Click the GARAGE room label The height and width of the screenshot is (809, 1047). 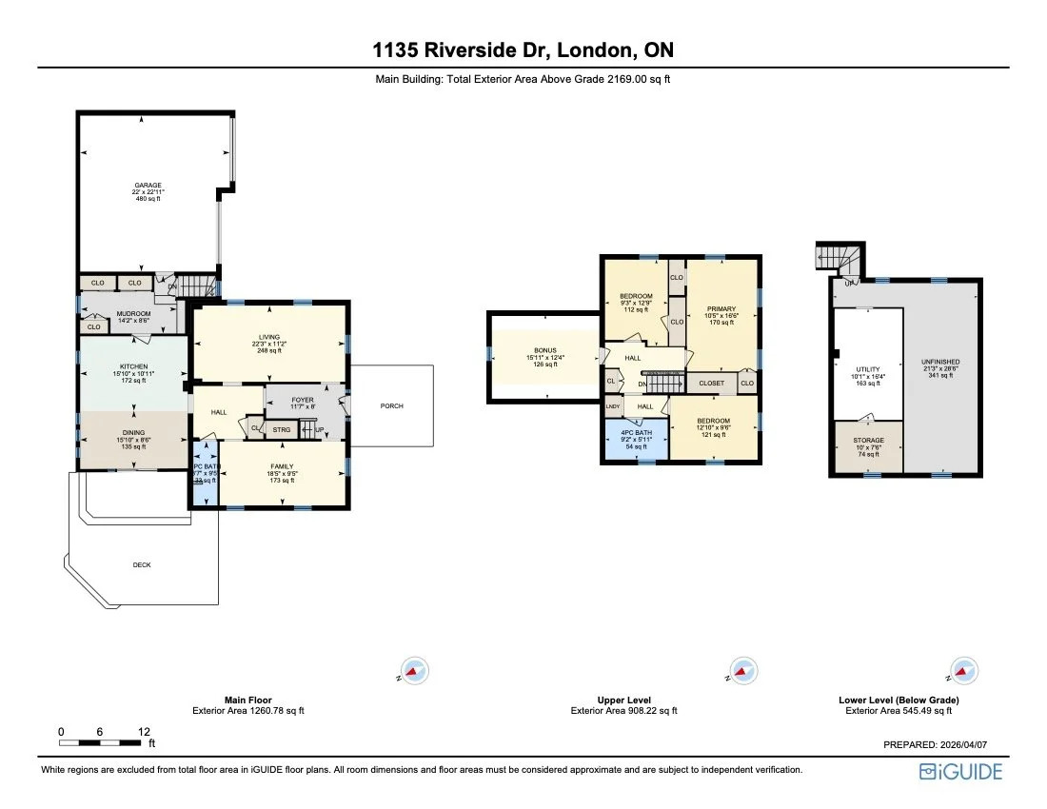[x=147, y=185]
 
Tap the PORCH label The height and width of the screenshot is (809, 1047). [x=391, y=405]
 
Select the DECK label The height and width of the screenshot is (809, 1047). [x=141, y=564]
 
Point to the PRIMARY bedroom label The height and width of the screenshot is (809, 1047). [x=721, y=308]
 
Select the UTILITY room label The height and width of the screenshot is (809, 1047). [x=867, y=369]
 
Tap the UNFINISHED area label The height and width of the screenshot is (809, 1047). [x=940, y=362]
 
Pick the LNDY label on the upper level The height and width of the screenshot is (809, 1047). [x=612, y=406]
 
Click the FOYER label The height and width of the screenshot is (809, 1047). [x=303, y=400]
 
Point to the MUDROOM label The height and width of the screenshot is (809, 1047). [x=133, y=313]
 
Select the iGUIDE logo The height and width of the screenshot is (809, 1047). [x=960, y=771]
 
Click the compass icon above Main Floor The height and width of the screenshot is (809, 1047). [x=413, y=671]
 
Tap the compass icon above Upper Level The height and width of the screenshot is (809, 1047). [x=741, y=671]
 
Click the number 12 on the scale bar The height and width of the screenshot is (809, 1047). [x=144, y=731]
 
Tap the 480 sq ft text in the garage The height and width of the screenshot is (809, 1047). [x=147, y=199]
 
